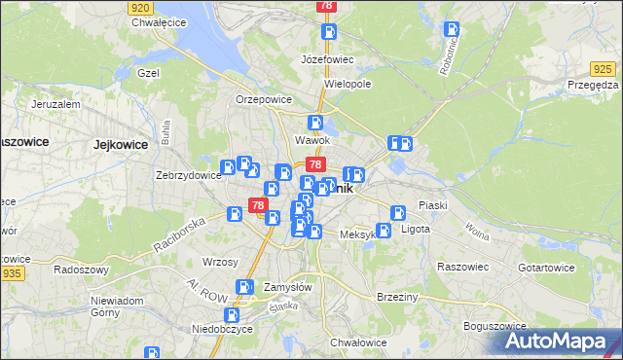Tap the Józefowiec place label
[x=327, y=59]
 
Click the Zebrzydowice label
[x=189, y=176]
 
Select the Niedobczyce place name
[x=222, y=329]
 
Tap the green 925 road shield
[x=604, y=68]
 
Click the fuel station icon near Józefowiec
[x=330, y=32]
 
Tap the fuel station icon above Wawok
[x=315, y=123]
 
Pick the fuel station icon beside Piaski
[x=398, y=213]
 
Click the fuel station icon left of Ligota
[x=384, y=231]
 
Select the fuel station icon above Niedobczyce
[x=231, y=314]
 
